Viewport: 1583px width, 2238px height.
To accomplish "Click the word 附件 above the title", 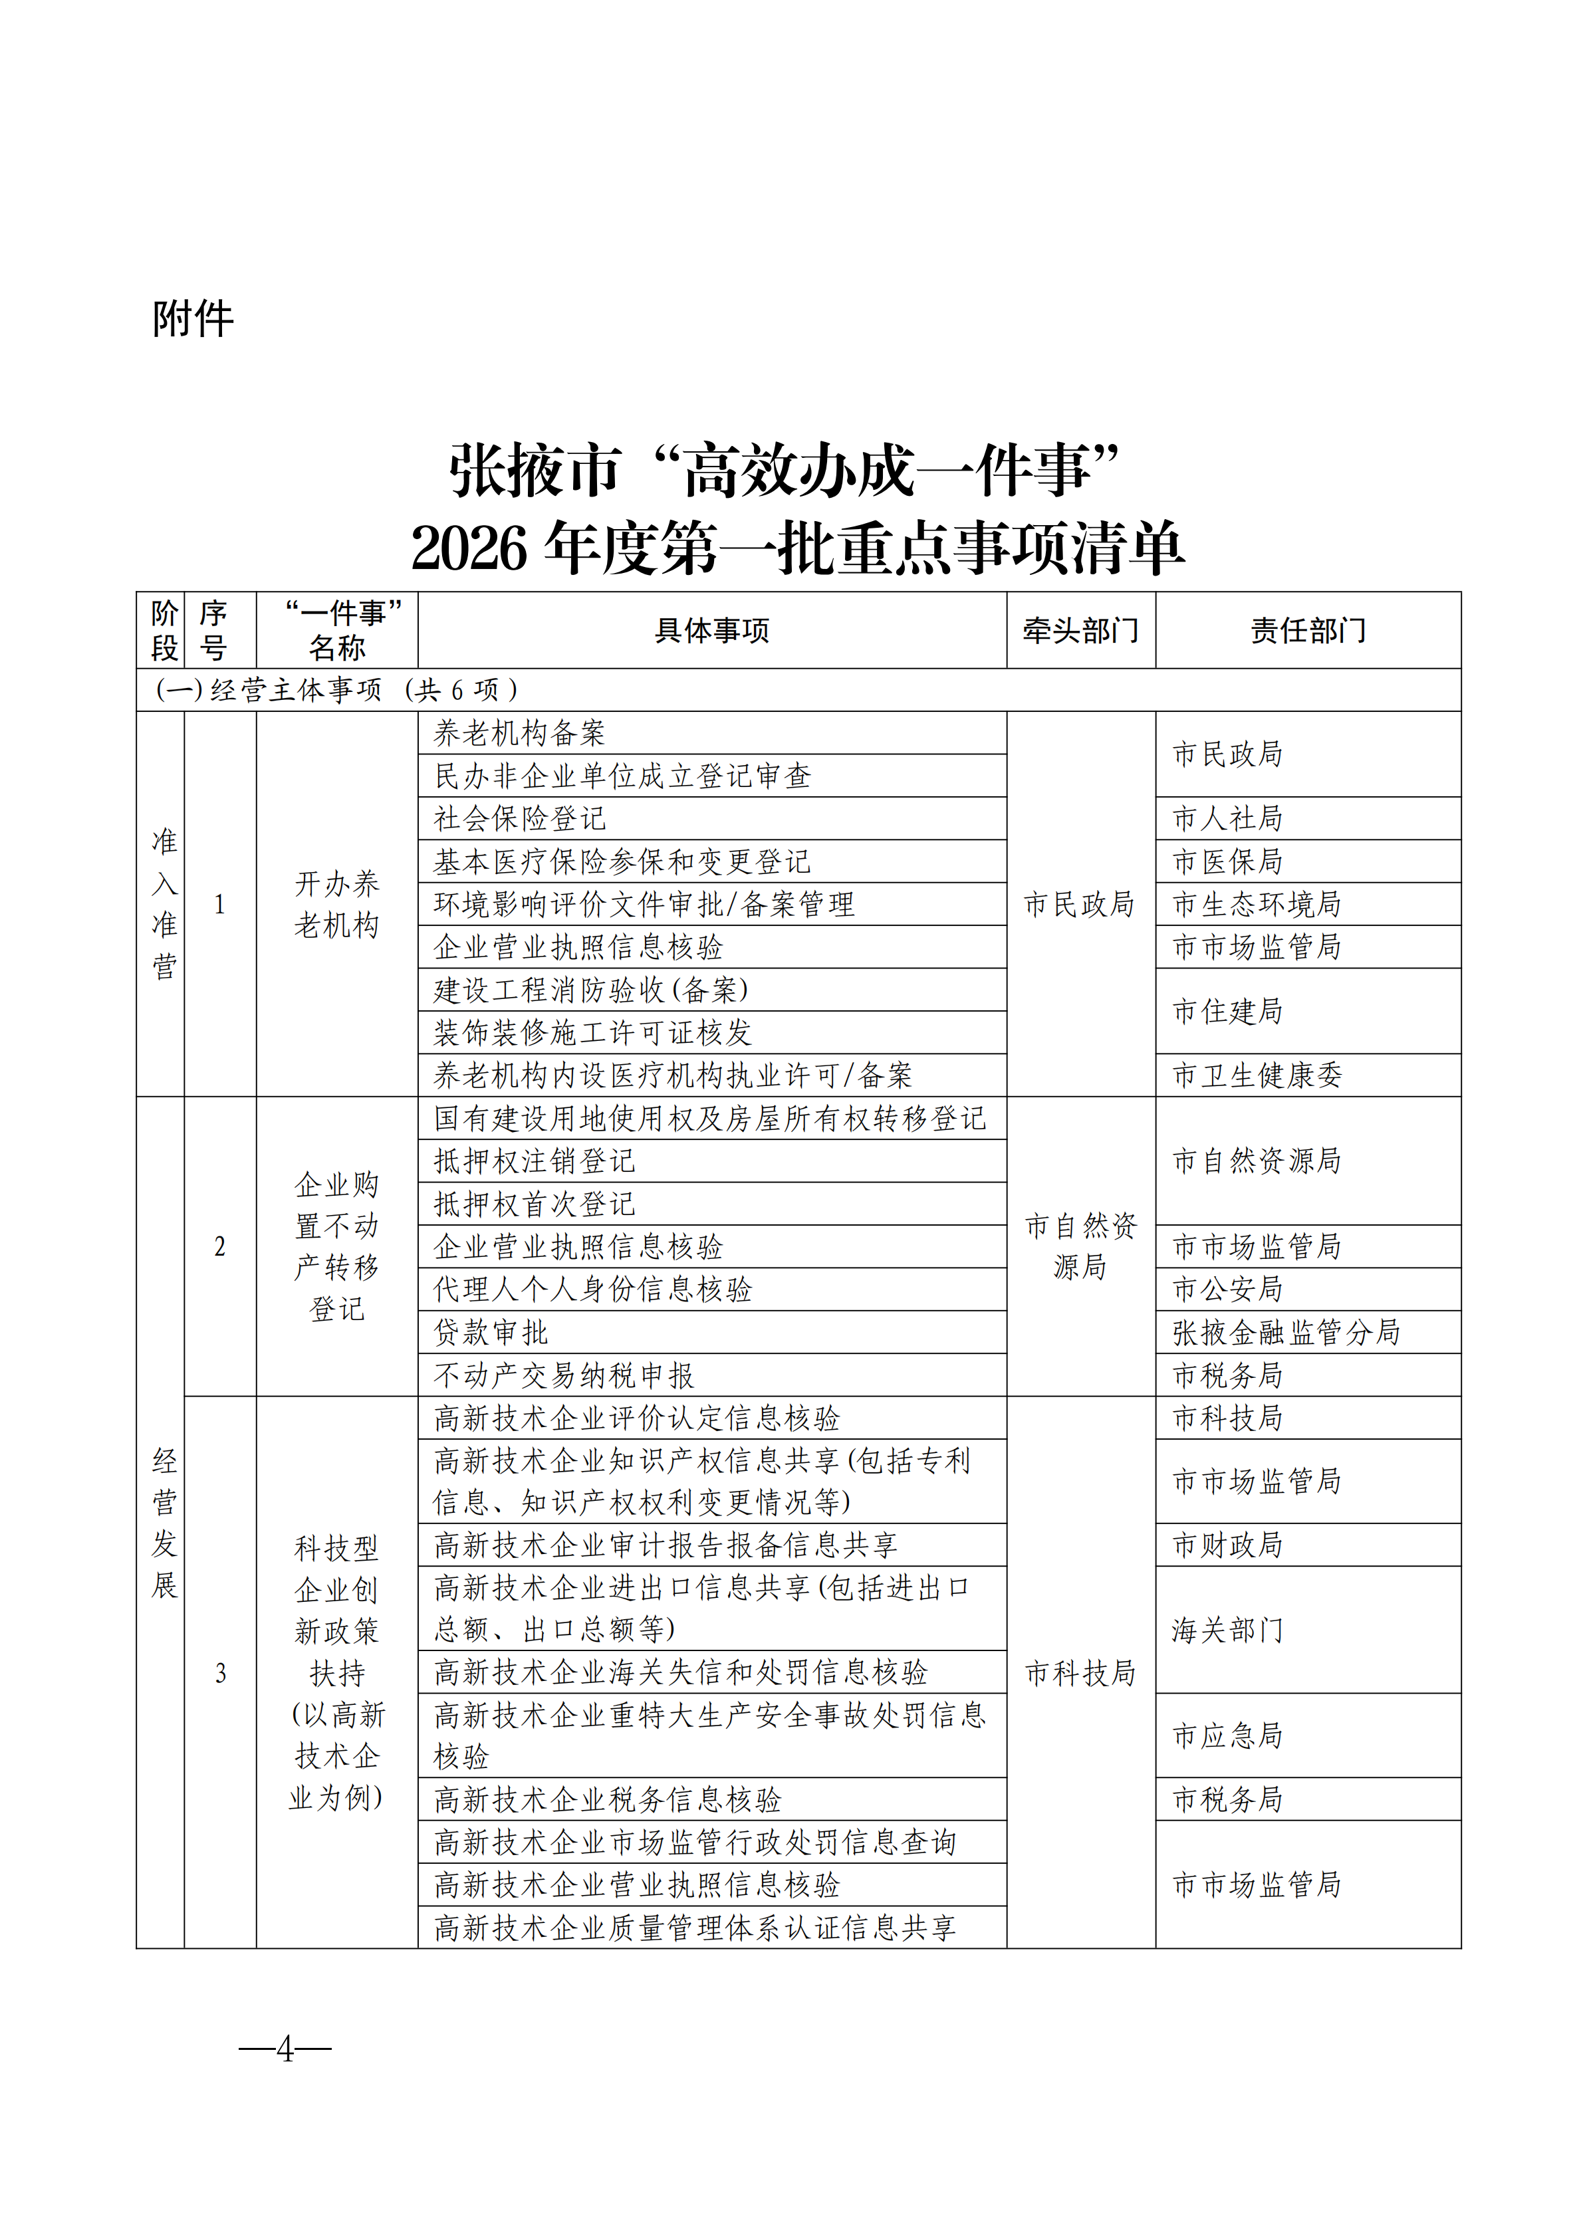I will click(193, 319).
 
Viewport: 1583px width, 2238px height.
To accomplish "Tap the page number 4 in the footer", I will click(285, 2048).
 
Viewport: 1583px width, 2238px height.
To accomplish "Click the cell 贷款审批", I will click(491, 1333).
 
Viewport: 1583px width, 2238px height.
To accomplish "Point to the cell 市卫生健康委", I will click(1257, 1075).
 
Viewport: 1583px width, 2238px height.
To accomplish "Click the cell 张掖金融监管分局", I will click(1286, 1333).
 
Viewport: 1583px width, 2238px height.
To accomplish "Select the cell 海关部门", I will click(1227, 1630).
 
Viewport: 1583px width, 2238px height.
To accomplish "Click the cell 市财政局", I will click(1227, 1545).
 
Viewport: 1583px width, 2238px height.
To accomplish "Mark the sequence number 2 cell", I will click(220, 1247).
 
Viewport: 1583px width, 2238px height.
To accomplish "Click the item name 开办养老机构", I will click(337, 905).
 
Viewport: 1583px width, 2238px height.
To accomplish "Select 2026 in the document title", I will click(470, 549).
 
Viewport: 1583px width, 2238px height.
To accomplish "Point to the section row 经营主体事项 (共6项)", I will click(337, 690).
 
